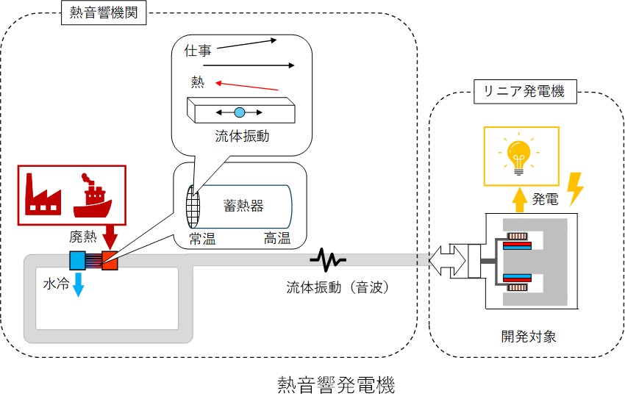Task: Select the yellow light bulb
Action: (x=520, y=155)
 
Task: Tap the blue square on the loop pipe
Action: (x=77, y=259)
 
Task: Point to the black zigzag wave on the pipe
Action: (x=327, y=259)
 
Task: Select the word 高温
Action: (x=276, y=238)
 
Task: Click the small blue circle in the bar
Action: (x=239, y=112)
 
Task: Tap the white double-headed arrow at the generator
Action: (x=447, y=259)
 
